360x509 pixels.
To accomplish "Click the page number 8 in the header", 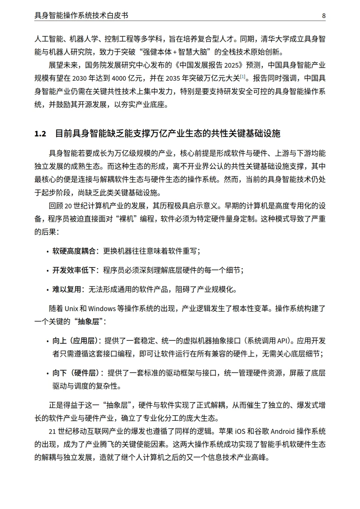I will pos(324,15).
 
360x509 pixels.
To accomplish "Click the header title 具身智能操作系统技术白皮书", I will pos(81,15).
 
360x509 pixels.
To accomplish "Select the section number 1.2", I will pos(40,134).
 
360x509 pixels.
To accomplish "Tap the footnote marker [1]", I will pos(243,77).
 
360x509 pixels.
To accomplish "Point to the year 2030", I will pos(79,79).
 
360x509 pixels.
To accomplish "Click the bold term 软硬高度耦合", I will pos(74,251).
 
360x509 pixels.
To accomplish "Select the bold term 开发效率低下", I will pos(74,270).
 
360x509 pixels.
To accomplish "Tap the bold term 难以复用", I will pos(67,289).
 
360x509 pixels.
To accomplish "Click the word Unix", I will pos(71,309).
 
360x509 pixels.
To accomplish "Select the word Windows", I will pos(102,309).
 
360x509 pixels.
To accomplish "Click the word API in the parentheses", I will pos(282,341).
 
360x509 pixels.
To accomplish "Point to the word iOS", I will pos(240,431).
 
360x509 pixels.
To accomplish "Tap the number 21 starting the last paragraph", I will pos(52,432).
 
